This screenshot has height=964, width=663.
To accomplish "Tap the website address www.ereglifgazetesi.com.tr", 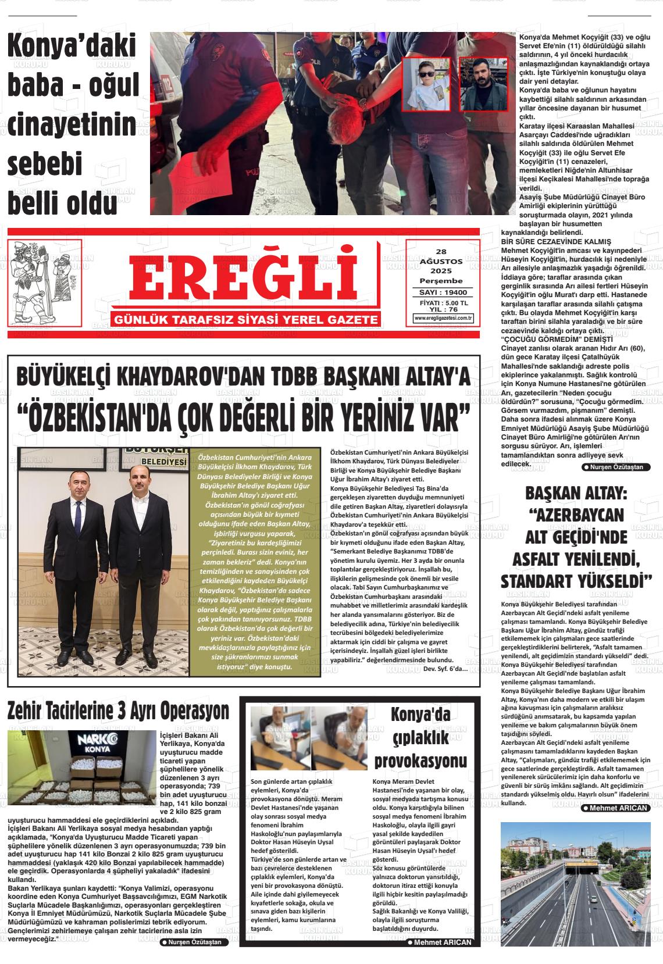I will [x=443, y=318].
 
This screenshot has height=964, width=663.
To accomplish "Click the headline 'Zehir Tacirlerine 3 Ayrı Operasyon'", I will [x=118, y=710].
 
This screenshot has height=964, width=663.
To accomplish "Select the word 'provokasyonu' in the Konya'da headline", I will [x=420, y=761].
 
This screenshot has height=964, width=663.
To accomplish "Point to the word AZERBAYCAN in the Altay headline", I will [x=576, y=515].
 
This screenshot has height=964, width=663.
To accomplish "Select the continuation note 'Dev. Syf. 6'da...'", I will [x=445, y=668].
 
